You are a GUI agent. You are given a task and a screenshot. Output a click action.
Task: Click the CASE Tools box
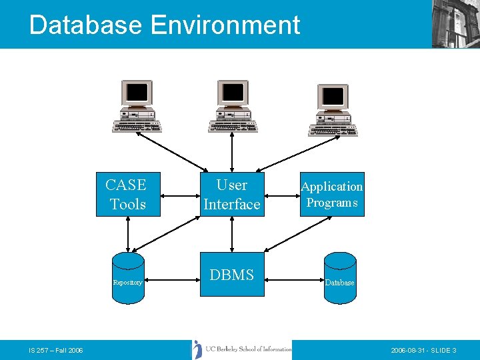coord(128,195)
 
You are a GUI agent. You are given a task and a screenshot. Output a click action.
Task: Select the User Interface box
coord(231,195)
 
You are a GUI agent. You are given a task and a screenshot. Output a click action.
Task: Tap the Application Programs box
coord(332,195)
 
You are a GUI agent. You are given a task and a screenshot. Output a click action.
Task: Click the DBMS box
coord(231,274)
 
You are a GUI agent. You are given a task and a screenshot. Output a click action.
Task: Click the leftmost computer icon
coord(137,107)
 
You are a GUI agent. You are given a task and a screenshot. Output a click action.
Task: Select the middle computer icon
coord(233,107)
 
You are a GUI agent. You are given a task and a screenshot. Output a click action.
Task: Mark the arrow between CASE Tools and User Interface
coord(181,196)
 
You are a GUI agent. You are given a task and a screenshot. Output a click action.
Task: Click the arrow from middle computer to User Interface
coord(231,152)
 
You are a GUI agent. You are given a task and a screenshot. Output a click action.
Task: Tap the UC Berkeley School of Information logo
coord(243,349)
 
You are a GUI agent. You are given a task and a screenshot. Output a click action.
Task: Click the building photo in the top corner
coord(456,23)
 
